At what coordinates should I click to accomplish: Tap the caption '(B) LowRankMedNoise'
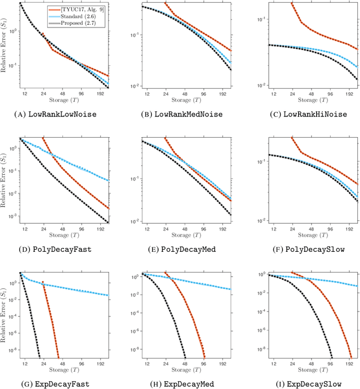(x=180, y=114)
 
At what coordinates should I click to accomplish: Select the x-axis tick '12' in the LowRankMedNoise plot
(x=147, y=94)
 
